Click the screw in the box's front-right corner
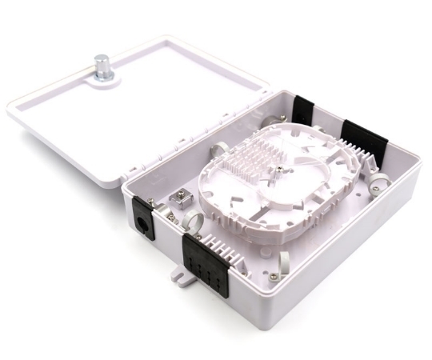[274, 276]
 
